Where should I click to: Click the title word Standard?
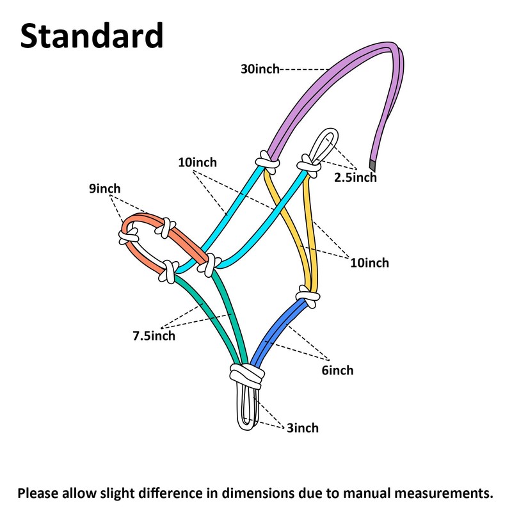point(92,35)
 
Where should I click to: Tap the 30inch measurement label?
point(260,69)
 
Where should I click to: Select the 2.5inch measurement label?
point(355,177)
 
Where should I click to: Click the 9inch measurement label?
point(105,188)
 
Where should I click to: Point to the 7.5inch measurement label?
point(154,335)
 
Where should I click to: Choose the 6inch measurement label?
point(337,371)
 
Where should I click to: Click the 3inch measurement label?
point(303,428)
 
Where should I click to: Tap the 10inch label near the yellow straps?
point(370,263)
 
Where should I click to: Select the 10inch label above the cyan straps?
point(197,163)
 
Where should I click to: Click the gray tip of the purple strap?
point(372,164)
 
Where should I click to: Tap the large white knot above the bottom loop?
point(247,376)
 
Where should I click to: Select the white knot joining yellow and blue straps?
point(308,296)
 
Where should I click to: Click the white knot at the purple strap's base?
point(268,163)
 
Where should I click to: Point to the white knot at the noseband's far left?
point(128,236)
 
